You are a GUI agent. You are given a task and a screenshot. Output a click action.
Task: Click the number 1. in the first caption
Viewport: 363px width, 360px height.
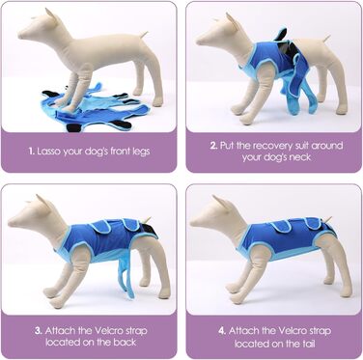(31, 152)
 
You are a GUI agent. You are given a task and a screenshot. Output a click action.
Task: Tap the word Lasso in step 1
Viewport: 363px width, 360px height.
(49, 152)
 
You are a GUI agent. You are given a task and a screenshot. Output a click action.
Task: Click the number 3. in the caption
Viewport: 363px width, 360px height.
(39, 331)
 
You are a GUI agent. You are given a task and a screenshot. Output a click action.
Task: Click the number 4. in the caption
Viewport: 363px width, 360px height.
(222, 331)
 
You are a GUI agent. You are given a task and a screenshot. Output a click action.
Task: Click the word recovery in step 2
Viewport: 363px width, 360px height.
(270, 146)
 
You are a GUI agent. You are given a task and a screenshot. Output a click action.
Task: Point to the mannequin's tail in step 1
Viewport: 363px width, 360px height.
(144, 35)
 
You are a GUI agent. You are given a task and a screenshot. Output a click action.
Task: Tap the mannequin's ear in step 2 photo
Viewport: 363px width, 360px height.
(232, 20)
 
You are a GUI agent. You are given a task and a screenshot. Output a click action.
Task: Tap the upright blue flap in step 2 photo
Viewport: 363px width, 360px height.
(281, 35)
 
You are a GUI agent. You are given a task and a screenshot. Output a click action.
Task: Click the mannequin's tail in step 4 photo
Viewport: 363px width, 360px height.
(327, 220)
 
